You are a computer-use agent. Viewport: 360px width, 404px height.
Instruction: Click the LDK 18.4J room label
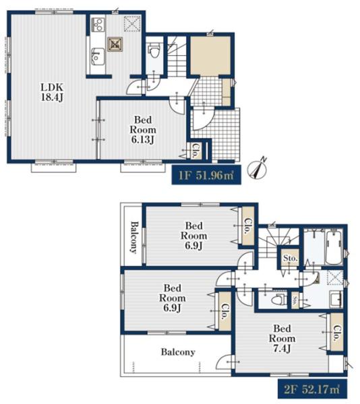point(52,92)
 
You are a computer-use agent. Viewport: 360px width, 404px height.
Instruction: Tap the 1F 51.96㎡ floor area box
point(206,174)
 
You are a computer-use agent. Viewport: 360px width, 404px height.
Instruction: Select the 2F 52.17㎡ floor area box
point(312,389)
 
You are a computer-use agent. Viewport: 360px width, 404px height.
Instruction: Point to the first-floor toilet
point(154,50)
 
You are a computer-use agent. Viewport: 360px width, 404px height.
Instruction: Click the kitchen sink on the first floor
point(98,57)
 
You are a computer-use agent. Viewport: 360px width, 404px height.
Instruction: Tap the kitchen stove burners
point(98,24)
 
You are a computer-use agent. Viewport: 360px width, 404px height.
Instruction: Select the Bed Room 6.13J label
point(143,129)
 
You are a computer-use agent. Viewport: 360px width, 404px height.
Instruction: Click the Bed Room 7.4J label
point(282,338)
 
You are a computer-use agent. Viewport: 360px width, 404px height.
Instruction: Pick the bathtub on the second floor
point(334,247)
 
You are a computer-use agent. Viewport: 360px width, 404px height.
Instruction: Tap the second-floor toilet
point(278,300)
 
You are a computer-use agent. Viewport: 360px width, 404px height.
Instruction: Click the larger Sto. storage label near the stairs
point(290,258)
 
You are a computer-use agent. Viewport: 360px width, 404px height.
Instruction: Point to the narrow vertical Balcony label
point(133,238)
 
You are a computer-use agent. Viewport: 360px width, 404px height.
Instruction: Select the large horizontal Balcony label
point(178,352)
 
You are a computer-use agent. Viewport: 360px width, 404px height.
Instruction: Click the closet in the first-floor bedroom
point(196,150)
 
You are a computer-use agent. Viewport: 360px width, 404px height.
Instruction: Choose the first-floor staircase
point(177,57)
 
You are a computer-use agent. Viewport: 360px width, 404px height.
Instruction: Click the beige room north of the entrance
point(210,56)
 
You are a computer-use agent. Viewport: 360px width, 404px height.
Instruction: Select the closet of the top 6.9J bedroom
point(248,226)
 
